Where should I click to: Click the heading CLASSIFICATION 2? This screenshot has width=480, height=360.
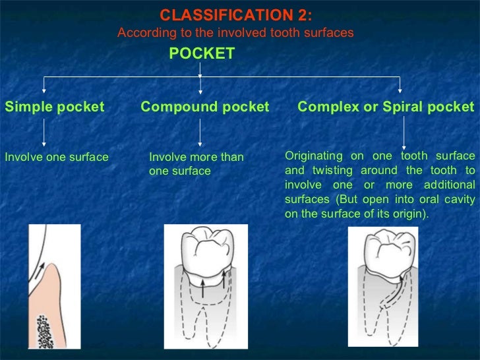pyautogui.click(x=237, y=15)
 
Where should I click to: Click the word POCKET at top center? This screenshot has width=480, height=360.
pyautogui.click(x=202, y=54)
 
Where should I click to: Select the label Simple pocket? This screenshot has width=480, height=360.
pyautogui.click(x=54, y=107)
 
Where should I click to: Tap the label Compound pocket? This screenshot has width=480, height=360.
pyautogui.click(x=205, y=107)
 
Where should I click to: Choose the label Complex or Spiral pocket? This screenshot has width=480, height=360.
pyautogui.click(x=386, y=107)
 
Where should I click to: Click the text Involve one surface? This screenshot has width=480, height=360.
pyautogui.click(x=56, y=157)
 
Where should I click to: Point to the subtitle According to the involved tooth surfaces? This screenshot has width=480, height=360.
pyautogui.click(x=235, y=32)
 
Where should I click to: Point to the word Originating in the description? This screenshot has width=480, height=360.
pyautogui.click(x=313, y=156)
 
